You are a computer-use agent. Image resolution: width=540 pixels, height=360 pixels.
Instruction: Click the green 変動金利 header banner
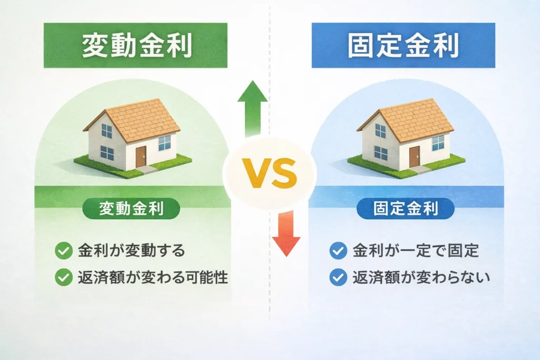tap(136, 45)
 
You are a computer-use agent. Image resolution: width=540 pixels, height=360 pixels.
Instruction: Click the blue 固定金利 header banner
tap(403, 45)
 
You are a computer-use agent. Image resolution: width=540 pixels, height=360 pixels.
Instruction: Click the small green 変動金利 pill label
tap(131, 209)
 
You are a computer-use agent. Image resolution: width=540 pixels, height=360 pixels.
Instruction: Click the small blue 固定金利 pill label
tap(406, 209)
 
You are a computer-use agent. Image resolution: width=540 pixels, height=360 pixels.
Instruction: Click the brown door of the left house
tap(140, 157)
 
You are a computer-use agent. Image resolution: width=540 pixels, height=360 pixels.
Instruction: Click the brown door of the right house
tap(414, 157)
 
